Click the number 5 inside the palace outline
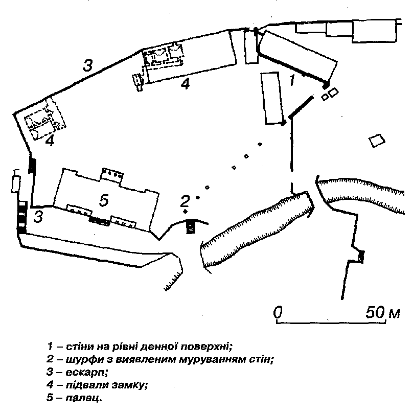(x=104, y=201)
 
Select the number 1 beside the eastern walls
(x=292, y=80)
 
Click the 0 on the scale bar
(x=278, y=312)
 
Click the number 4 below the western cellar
(x=50, y=142)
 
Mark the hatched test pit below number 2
(x=191, y=226)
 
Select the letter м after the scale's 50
(x=394, y=313)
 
